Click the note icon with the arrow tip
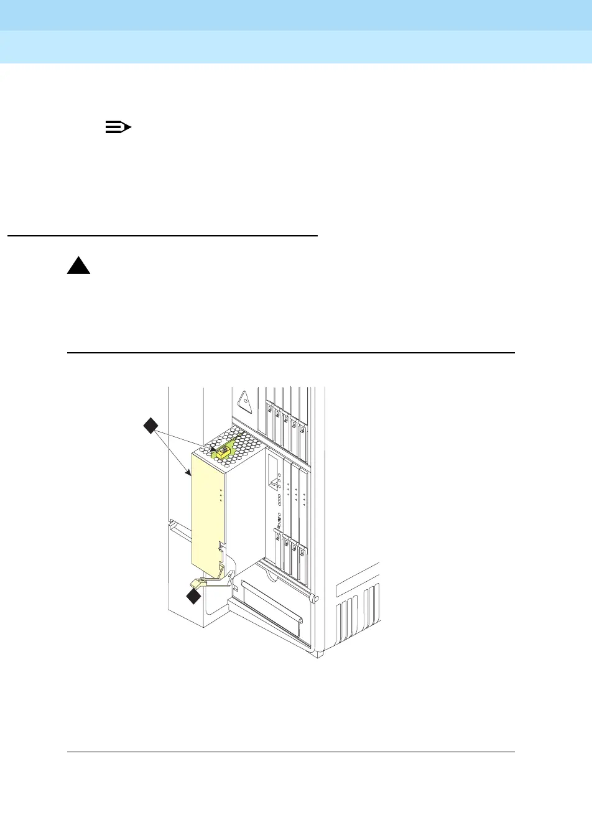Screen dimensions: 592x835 pos(118,128)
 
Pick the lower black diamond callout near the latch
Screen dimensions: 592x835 pos(194,597)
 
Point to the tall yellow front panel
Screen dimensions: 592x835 pos(206,510)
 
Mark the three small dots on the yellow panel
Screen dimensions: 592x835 pos(221,495)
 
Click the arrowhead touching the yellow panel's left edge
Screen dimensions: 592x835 pos(188,473)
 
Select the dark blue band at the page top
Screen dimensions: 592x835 pos(296,15)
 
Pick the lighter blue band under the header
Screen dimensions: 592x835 pos(296,47)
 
